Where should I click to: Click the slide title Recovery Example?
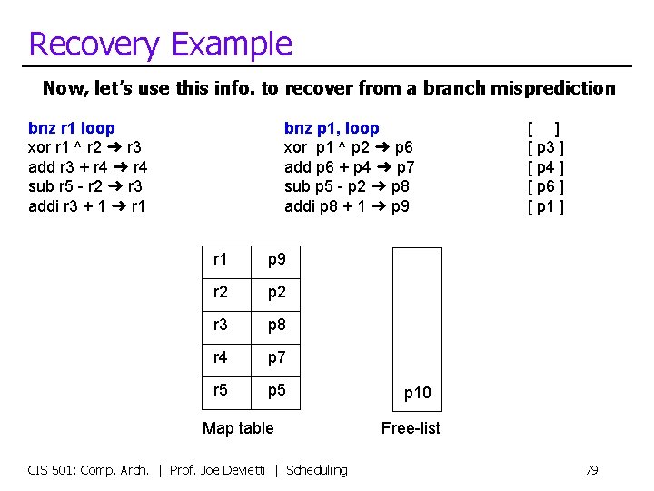[x=160, y=44]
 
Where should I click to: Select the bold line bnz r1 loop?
[x=72, y=128]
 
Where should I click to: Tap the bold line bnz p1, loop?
[x=332, y=128]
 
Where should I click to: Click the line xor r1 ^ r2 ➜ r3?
[x=84, y=147]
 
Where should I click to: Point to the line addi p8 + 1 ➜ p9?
[x=347, y=206]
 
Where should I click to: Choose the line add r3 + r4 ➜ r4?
[x=88, y=167]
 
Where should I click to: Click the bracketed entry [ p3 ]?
[x=546, y=147]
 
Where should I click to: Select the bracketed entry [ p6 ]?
[x=546, y=186]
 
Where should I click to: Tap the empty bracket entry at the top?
[x=545, y=128]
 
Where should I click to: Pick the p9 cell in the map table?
[x=277, y=260]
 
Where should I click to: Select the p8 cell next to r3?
[x=277, y=326]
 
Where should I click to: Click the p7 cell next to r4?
[x=277, y=358]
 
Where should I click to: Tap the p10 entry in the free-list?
[x=417, y=393]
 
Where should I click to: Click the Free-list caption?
[x=411, y=428]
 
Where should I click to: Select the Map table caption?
[x=238, y=428]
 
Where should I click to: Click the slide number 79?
[x=591, y=470]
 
